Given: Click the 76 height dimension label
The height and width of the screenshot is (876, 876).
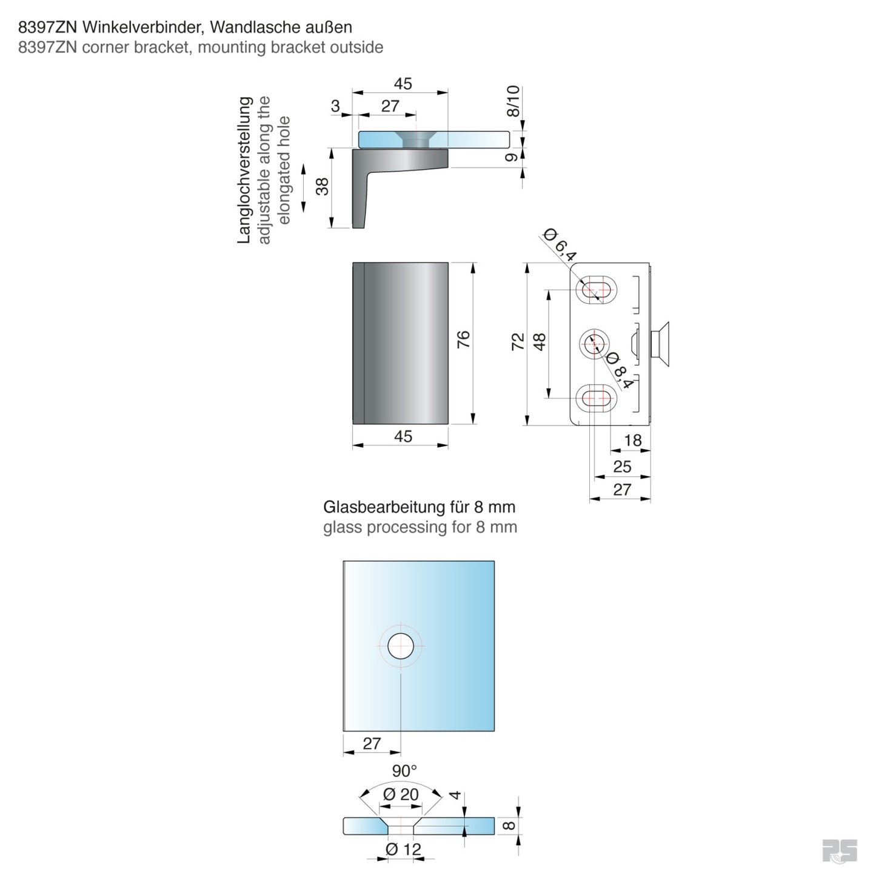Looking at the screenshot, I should pyautogui.click(x=463, y=339).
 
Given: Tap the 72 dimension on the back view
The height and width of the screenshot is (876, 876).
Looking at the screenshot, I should pyautogui.click(x=518, y=342).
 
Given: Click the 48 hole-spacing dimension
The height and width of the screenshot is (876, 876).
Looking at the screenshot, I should pyautogui.click(x=540, y=342).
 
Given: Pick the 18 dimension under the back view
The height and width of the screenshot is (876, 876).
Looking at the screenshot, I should pyautogui.click(x=632, y=440).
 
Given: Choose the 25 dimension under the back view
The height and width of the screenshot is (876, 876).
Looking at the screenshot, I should pyautogui.click(x=622, y=467).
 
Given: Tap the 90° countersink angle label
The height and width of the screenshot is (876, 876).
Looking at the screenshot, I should pyautogui.click(x=404, y=771).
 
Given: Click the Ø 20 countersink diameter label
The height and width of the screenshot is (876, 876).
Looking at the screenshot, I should pyautogui.click(x=401, y=794).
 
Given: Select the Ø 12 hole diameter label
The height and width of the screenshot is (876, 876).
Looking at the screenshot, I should pyautogui.click(x=403, y=849).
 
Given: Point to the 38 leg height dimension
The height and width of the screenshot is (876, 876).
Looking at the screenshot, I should pyautogui.click(x=323, y=186).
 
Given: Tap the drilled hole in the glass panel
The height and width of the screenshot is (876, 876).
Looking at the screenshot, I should pyautogui.click(x=401, y=646).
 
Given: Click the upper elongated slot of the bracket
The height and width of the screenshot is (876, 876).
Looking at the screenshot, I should pyautogui.click(x=597, y=291).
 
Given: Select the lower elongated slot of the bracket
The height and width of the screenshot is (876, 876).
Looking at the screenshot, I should pyautogui.click(x=597, y=398).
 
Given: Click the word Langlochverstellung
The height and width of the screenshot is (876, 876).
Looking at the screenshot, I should pyautogui.click(x=244, y=170).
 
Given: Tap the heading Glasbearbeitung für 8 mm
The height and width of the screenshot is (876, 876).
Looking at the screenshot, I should pyautogui.click(x=419, y=507).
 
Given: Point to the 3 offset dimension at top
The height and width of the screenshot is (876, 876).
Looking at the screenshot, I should pyautogui.click(x=335, y=106).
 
